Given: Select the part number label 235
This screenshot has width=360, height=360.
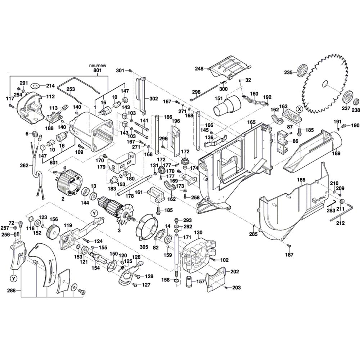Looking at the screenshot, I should (288, 72).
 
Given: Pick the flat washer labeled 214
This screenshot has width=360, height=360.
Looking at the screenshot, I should (35, 86).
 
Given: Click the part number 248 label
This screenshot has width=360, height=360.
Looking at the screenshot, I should (199, 68).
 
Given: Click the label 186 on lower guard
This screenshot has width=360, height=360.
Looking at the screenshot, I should (301, 179).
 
